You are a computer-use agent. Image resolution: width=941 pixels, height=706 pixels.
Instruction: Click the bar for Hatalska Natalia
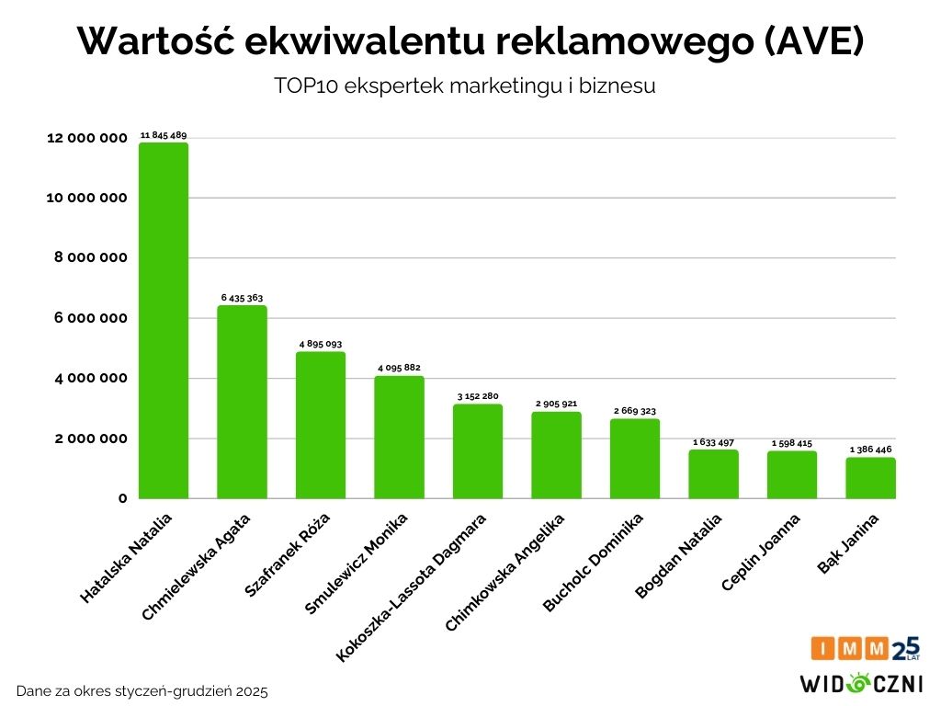[x=164, y=321]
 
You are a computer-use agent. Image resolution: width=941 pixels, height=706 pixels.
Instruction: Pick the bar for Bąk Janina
[x=870, y=478]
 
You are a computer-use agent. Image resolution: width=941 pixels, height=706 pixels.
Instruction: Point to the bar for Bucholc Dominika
[x=635, y=459]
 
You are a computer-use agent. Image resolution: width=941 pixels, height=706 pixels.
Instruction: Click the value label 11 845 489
[x=164, y=135]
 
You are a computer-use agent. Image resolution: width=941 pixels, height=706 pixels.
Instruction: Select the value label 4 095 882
[x=399, y=368]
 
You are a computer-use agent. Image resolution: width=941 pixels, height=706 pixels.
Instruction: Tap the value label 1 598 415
[x=792, y=443]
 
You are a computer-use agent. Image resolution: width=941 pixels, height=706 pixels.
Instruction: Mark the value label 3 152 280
[x=478, y=396]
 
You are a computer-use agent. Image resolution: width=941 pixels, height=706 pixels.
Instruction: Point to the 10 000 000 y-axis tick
[x=86, y=198]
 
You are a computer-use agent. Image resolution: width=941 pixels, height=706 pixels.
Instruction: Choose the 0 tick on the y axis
[x=120, y=498]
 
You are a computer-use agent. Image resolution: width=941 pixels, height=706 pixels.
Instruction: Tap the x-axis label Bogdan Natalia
[x=679, y=555]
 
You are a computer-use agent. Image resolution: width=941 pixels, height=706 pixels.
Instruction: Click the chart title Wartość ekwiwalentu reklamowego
[x=470, y=41]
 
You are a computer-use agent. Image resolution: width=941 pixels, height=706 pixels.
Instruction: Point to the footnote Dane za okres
[x=142, y=690]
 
